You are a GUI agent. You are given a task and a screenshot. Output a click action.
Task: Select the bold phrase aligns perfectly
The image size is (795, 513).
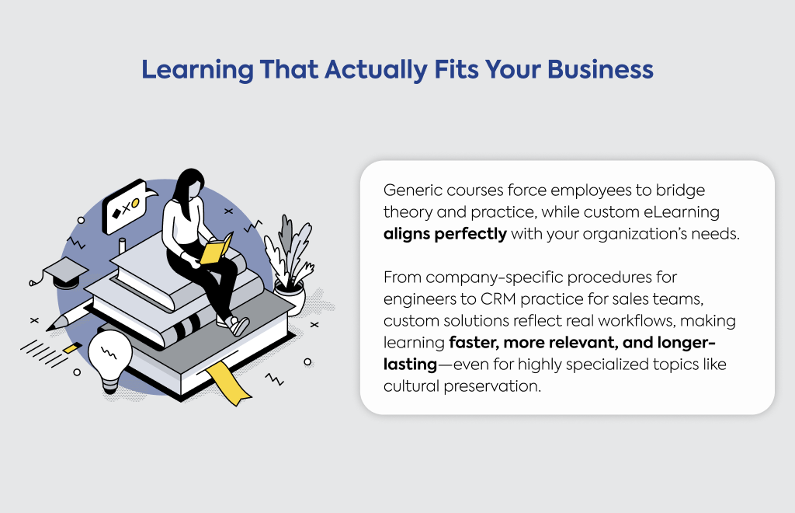[445, 234]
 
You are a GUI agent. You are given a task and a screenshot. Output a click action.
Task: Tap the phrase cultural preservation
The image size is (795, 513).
[462, 386]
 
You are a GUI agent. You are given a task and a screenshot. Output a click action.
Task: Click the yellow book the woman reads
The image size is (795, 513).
[216, 249]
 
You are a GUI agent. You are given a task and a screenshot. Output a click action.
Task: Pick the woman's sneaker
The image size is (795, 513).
[238, 325]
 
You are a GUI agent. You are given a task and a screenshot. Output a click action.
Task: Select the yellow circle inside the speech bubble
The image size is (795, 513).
[135, 202]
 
